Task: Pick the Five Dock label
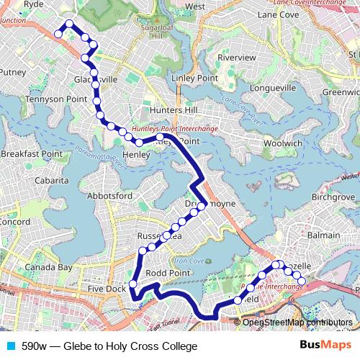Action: pos(106,289)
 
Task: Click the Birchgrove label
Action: pos(332,197)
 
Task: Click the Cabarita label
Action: pos(35,181)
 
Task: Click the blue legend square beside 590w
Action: pos(10,346)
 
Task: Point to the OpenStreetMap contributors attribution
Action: pos(297,323)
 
